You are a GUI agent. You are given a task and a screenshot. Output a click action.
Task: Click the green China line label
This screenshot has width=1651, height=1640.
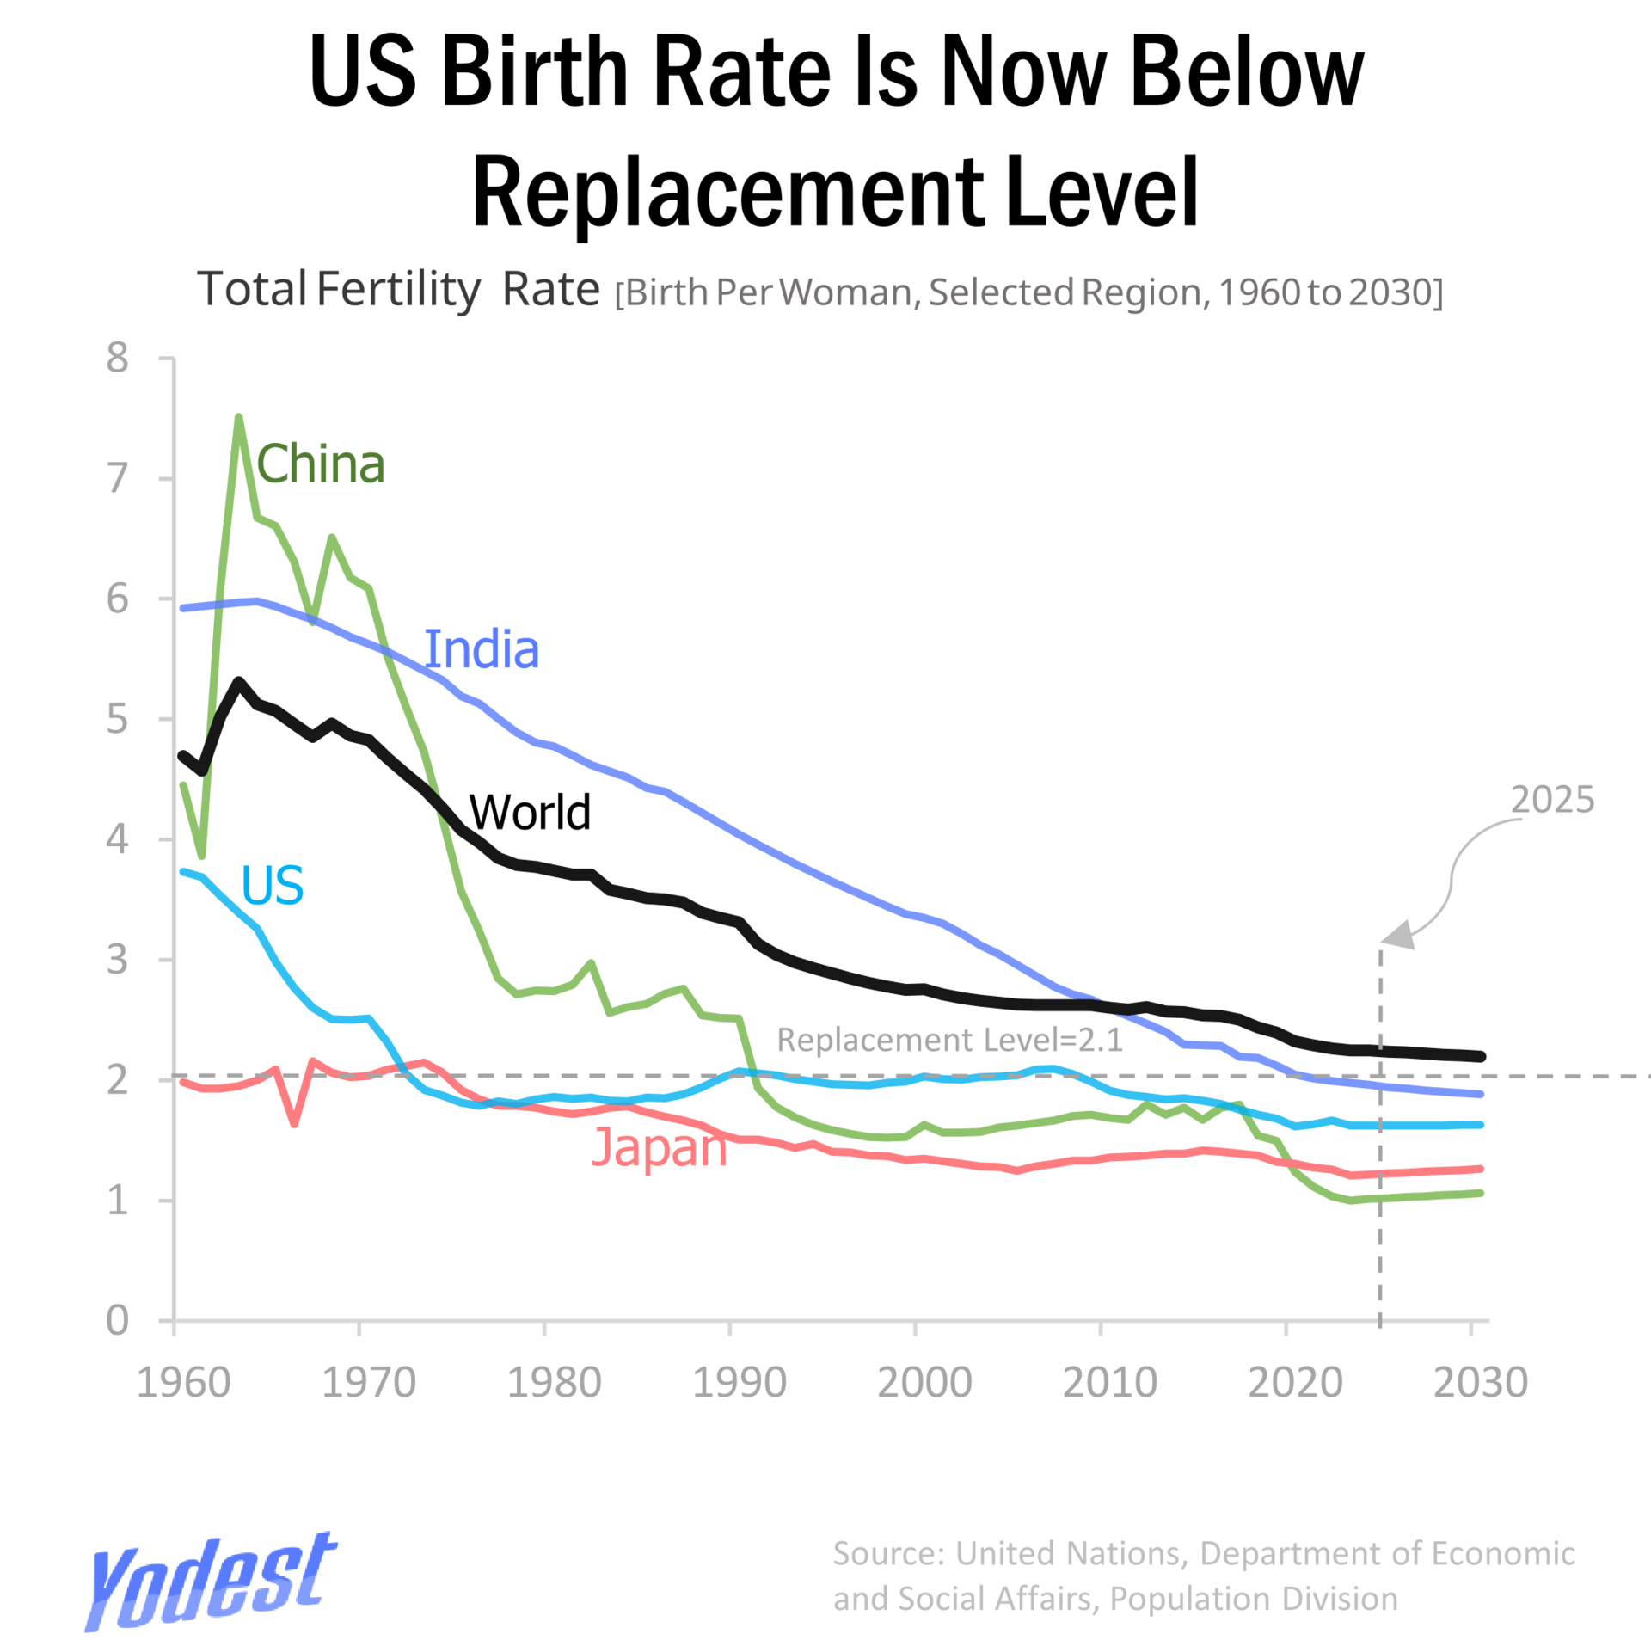coord(320,464)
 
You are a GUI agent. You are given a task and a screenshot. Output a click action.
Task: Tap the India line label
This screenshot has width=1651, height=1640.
coord(482,649)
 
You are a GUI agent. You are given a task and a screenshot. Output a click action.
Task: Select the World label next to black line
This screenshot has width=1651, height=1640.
coord(530,812)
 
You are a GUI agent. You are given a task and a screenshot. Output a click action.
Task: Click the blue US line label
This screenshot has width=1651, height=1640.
coord(272,885)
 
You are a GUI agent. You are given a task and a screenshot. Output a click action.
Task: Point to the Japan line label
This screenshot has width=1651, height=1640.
coord(659,1148)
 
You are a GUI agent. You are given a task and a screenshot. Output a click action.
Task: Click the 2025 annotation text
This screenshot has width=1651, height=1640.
coord(1552,800)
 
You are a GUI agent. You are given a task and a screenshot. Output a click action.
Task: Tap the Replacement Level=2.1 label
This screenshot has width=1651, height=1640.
coord(949,1040)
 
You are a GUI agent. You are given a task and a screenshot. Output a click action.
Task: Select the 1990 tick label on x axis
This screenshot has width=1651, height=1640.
coord(740,1383)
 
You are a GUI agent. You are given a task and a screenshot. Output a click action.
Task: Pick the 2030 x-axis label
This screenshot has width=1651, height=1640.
coord(1480,1383)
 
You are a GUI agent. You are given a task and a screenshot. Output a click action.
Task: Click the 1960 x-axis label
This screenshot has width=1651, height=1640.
coord(183,1383)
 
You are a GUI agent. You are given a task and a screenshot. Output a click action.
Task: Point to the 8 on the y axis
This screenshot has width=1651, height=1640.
coord(117,358)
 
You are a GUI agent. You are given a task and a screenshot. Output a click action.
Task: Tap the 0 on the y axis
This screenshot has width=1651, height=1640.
coord(117,1320)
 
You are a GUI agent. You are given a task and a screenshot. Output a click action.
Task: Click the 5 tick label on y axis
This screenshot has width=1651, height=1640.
coord(117,719)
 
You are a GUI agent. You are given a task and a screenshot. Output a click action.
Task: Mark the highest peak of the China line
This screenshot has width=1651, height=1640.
coord(238,417)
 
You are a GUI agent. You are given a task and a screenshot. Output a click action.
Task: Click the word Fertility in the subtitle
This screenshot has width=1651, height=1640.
coord(398,289)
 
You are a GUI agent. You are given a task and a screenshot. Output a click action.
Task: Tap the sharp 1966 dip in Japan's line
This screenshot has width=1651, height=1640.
coord(294,1123)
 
